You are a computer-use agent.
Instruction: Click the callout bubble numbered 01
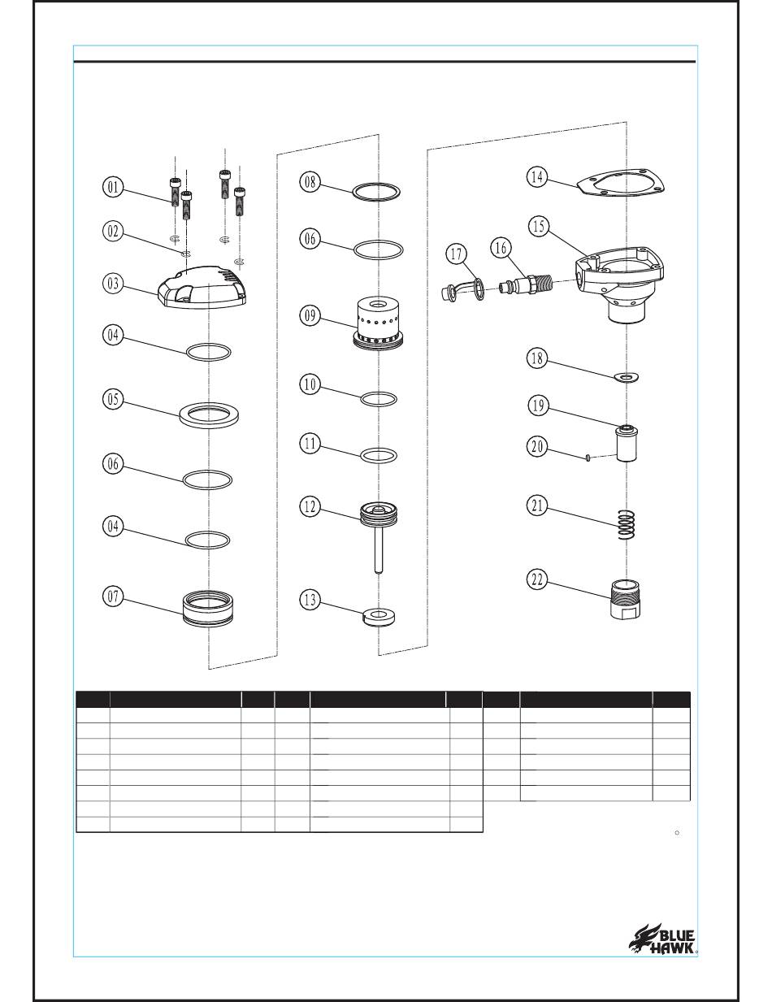pyautogui.click(x=113, y=188)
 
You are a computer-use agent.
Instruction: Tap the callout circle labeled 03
pyautogui.click(x=113, y=284)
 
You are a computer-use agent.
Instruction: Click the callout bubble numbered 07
pyautogui.click(x=113, y=596)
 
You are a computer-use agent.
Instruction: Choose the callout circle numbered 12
pyautogui.click(x=310, y=507)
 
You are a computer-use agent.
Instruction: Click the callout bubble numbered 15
pyautogui.click(x=538, y=226)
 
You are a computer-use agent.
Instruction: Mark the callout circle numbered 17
pyautogui.click(x=456, y=254)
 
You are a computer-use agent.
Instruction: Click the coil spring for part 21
pyautogui.click(x=626, y=524)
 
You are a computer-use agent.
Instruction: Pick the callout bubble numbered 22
pyautogui.click(x=537, y=579)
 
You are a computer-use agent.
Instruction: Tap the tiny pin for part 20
pyautogui.click(x=588, y=458)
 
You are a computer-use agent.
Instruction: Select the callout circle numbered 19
pyautogui.click(x=538, y=406)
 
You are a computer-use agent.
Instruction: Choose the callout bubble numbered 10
pyautogui.click(x=310, y=384)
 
